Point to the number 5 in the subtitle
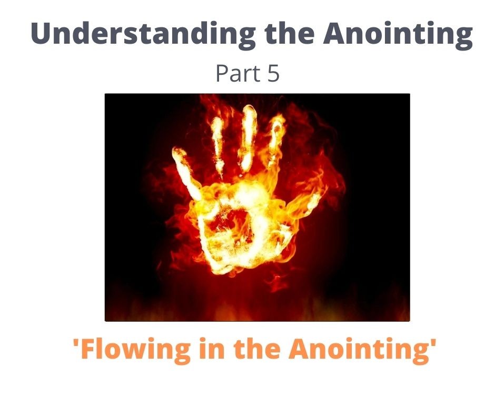pyautogui.click(x=273, y=74)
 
